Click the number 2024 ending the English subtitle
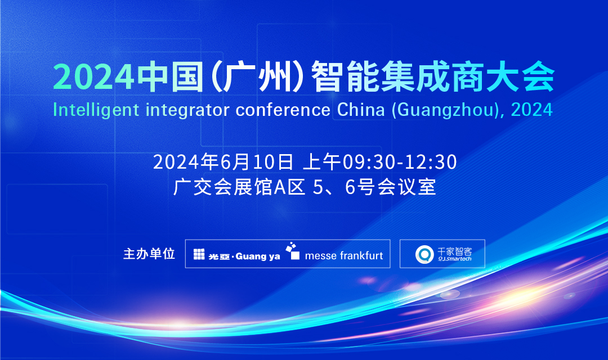click(532, 110)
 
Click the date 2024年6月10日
click(223, 162)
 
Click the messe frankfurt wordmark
click(343, 256)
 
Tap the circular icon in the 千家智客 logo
click(424, 254)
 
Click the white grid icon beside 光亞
click(199, 254)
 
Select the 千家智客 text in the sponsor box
click(454, 251)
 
